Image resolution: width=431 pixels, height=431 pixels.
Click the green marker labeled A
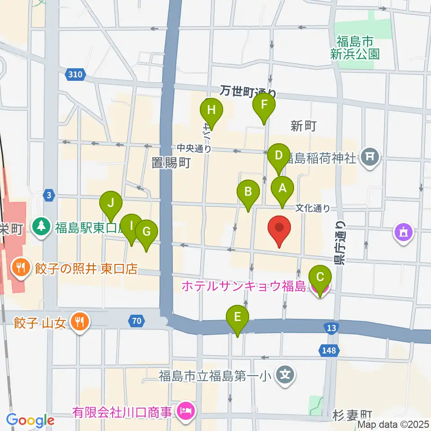tap(282, 189)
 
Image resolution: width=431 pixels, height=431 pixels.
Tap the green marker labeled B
tap(248, 192)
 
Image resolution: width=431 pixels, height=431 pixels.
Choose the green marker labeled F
tap(264, 105)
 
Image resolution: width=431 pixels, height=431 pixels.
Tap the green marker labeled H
tap(211, 110)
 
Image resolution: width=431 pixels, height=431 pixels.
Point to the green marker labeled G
tap(147, 232)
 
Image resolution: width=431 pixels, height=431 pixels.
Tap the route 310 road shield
tap(75, 75)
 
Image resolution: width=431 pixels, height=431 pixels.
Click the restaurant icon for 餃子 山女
tap(81, 321)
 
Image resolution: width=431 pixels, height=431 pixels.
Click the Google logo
tap(30, 420)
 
